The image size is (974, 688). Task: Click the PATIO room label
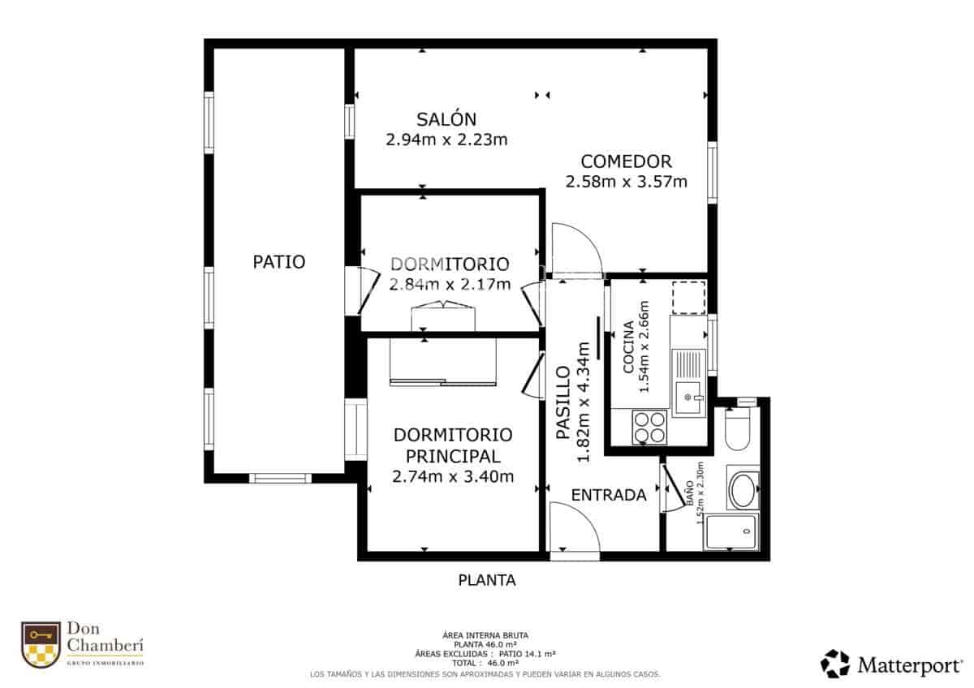[x=278, y=262]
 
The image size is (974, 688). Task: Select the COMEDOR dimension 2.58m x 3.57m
[x=626, y=182]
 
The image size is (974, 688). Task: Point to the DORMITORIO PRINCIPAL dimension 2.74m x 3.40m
[x=452, y=477]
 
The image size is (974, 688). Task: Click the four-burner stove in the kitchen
[x=649, y=427]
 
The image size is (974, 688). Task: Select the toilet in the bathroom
[x=739, y=430]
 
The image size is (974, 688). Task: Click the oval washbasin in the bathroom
[x=743, y=489]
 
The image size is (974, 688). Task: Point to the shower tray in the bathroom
[x=731, y=532]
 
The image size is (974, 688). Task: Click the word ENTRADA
[x=608, y=495]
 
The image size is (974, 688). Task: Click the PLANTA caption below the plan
[x=487, y=580]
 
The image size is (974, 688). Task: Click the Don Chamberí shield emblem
[x=41, y=645]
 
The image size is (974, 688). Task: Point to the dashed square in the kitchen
[x=689, y=297]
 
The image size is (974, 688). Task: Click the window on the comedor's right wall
[x=712, y=173]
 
